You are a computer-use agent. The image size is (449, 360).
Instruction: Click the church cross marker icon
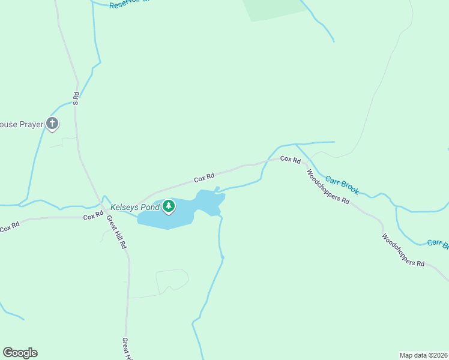coord(52,124)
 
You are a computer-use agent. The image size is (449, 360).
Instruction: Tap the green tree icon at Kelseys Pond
coord(169,206)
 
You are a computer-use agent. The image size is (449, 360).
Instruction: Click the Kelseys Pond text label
coord(135,208)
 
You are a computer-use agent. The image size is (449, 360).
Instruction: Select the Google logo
coord(20,353)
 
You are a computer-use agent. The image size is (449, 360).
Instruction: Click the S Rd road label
coord(76,99)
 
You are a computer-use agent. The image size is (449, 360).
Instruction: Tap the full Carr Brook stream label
coord(342,185)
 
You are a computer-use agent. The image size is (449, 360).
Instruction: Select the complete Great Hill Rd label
coord(117,231)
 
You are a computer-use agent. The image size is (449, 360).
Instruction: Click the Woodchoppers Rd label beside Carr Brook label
coord(328,187)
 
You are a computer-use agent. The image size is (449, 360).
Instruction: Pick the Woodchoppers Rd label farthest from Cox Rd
coord(403,250)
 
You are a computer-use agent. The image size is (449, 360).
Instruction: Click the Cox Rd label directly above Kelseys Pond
coord(204,178)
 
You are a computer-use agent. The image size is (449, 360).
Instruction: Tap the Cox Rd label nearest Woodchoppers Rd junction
coord(290,159)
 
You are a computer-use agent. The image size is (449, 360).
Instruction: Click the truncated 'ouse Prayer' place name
coord(22,124)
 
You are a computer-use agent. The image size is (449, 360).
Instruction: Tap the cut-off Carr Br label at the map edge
coord(438,244)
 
